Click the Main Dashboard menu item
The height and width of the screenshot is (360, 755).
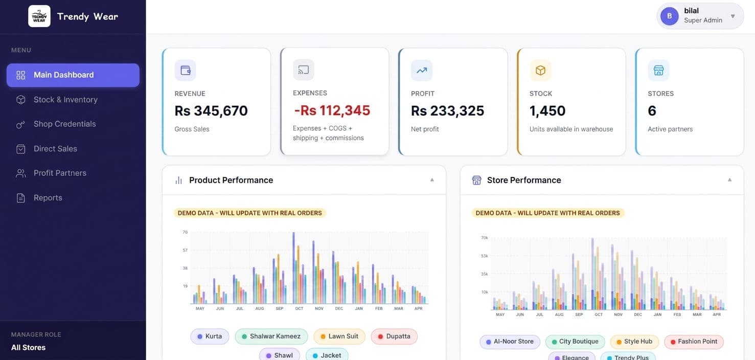coord(73,75)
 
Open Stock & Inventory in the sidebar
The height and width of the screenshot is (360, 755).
coord(65,100)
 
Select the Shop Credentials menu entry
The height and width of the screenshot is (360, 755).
coord(64,124)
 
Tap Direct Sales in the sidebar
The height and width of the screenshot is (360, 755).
coord(55,149)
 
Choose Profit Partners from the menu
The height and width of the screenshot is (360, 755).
coord(60,173)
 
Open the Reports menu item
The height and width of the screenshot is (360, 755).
coord(48,198)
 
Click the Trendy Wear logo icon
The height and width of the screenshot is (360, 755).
coord(39,16)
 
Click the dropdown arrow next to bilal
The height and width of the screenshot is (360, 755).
coord(733,16)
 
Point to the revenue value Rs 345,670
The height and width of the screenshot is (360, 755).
coord(211,111)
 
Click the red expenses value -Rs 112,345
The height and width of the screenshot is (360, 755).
coord(332,110)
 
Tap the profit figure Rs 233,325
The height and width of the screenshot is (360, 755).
coord(447,111)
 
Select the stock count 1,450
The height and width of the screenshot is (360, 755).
coord(547,111)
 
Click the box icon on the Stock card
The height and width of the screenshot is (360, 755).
coord(540,71)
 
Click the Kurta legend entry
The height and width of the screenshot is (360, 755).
coord(210,336)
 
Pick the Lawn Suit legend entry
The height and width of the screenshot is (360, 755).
coord(339,336)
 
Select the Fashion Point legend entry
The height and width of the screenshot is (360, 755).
coord(694,342)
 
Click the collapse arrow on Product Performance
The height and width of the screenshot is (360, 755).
coord(432,180)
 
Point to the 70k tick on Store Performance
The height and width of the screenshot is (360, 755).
coord(484,238)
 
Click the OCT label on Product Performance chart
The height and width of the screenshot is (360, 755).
coord(299,308)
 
